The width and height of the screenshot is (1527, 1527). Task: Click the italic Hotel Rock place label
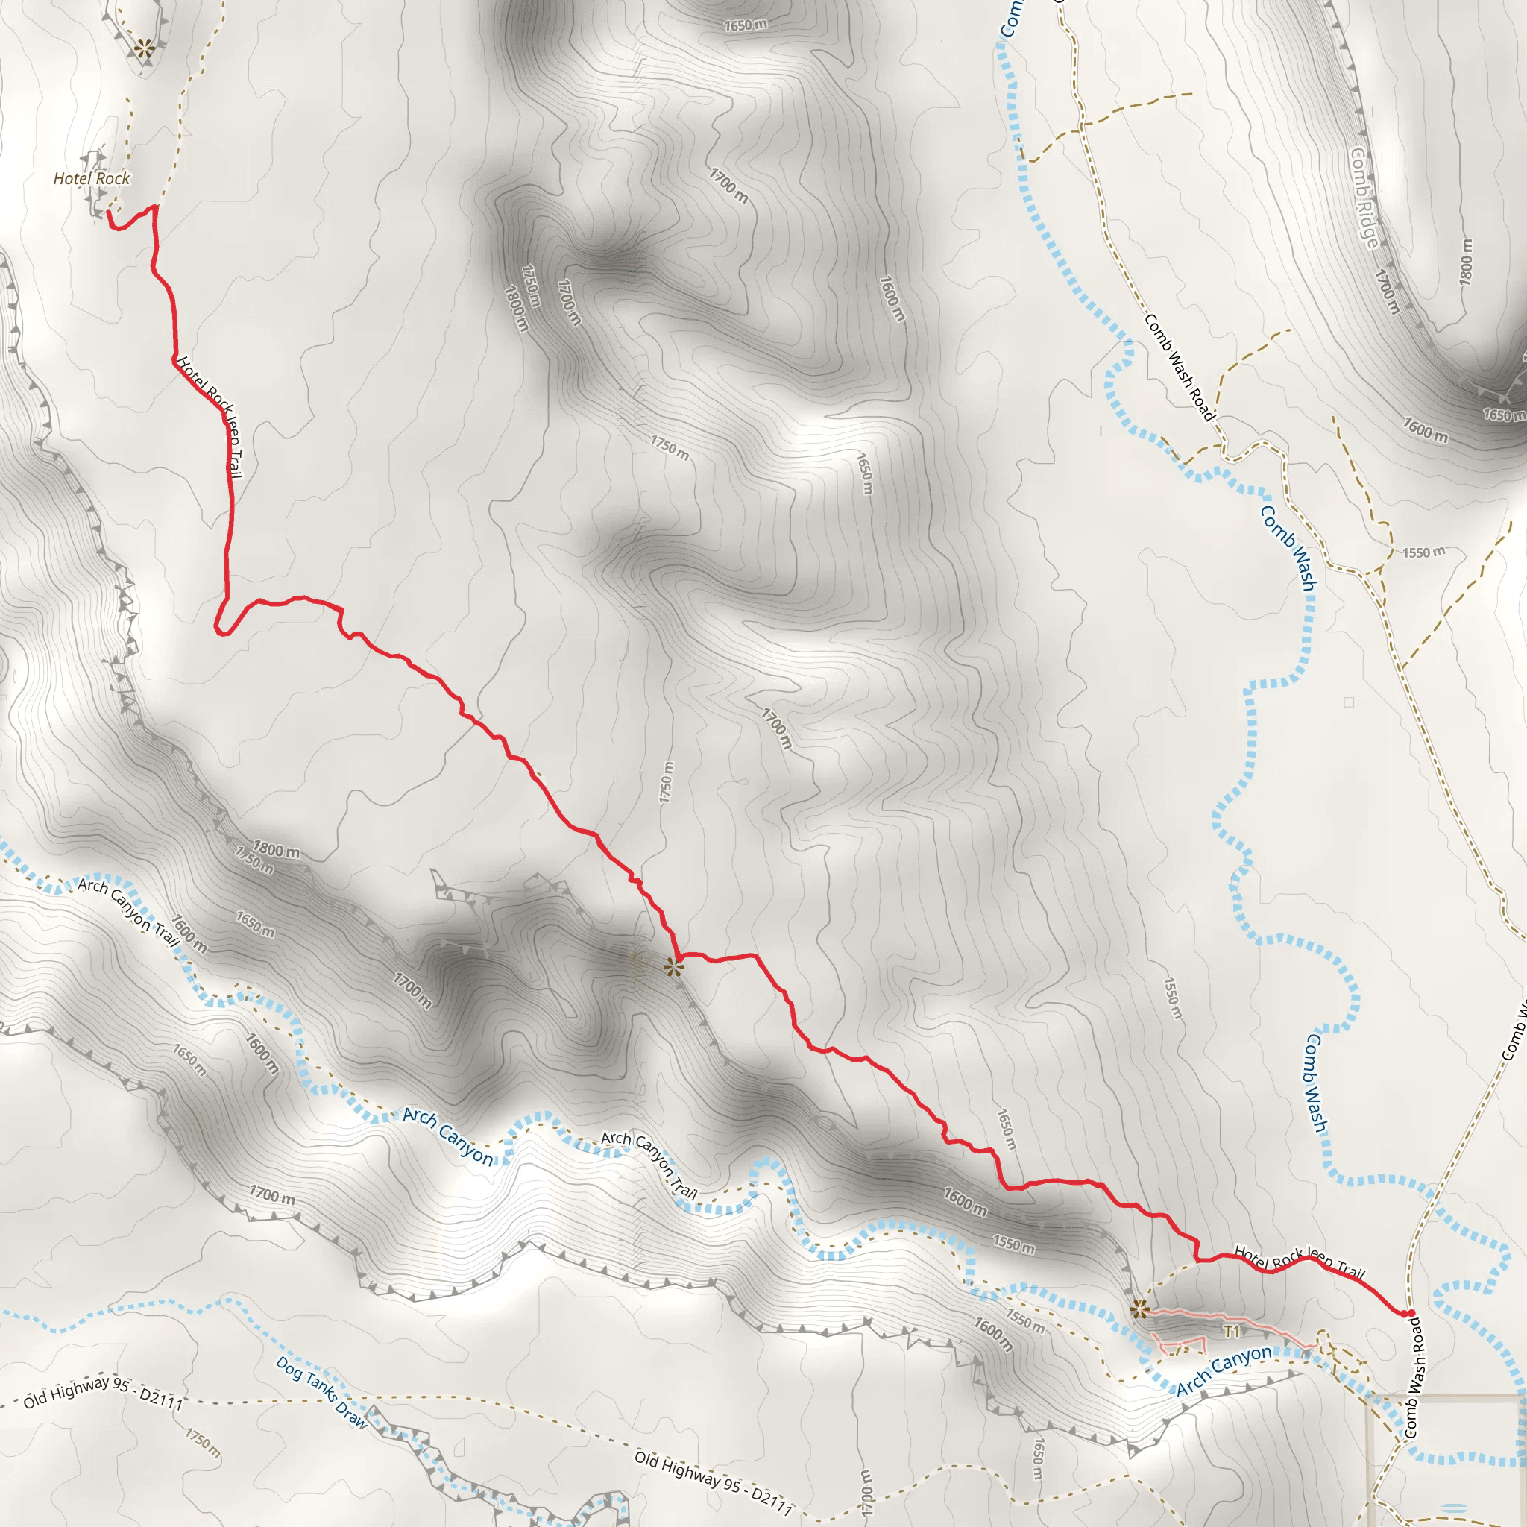click(91, 179)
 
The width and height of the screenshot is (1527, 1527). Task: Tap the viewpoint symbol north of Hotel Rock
click(144, 48)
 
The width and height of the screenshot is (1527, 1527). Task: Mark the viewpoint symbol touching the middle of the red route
click(673, 967)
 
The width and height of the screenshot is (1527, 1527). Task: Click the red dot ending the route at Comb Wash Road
click(1411, 1314)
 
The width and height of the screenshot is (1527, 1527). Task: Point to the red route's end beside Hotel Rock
click(109, 212)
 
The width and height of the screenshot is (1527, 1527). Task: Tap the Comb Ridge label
click(1365, 198)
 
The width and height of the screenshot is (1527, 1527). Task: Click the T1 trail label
click(1232, 1332)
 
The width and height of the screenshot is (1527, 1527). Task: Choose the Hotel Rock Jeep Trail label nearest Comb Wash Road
click(1300, 1262)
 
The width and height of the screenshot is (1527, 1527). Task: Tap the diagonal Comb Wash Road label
click(1177, 368)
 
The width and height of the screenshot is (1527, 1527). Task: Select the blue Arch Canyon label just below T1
click(1224, 1370)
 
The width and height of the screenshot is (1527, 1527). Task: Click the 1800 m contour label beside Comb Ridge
click(1466, 262)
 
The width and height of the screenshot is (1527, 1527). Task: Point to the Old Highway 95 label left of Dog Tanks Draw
click(103, 1393)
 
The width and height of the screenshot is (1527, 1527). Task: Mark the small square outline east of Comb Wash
click(1348, 702)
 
